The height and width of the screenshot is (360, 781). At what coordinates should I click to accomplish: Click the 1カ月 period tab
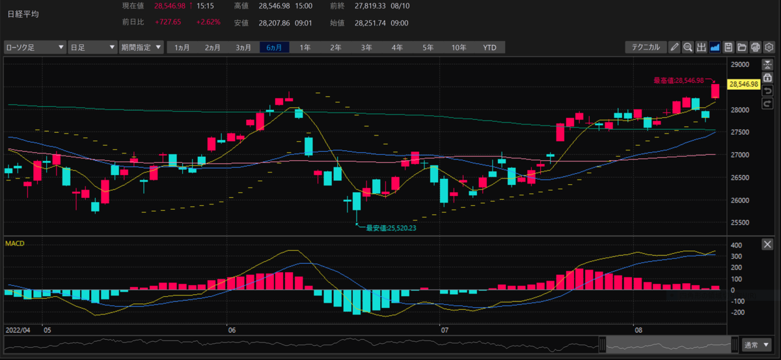(182, 48)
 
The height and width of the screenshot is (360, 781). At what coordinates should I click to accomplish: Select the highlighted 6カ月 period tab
(274, 48)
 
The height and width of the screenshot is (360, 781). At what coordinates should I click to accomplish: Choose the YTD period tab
(489, 48)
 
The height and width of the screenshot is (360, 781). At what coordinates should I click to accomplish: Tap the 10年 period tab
(458, 48)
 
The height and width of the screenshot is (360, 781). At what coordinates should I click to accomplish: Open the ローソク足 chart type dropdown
(35, 48)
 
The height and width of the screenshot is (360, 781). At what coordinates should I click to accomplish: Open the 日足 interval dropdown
(92, 48)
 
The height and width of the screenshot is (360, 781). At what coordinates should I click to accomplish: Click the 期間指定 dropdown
(141, 48)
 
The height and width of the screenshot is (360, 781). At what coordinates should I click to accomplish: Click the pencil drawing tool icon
(674, 47)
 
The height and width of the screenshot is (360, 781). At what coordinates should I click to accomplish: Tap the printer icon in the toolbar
(755, 47)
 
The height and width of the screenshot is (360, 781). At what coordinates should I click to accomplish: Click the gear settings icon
(769, 47)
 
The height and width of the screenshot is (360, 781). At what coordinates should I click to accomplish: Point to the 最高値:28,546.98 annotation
(678, 81)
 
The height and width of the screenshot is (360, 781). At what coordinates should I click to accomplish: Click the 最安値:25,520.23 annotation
(391, 228)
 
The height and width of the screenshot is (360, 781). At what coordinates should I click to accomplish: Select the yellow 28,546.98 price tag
(744, 84)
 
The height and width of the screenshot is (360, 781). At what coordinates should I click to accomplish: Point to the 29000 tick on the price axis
(740, 64)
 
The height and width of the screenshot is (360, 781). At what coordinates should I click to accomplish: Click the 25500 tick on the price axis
(740, 223)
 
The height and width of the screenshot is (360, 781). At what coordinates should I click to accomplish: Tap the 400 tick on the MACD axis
(736, 245)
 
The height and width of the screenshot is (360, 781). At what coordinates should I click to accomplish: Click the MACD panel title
(14, 243)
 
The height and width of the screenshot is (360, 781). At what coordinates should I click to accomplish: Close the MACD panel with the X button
(767, 244)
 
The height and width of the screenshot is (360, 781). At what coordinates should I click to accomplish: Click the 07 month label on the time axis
(444, 330)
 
